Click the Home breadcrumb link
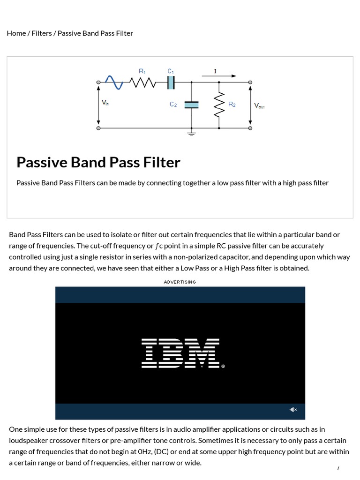16,33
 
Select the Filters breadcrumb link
42,33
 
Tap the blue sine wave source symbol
114,82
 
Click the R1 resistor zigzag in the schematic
142,82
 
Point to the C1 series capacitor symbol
171,82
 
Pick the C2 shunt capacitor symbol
192,105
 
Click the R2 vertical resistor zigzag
219,105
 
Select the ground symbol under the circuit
192,134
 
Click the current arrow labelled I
220,75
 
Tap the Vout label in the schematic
259,106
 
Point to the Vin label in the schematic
105,102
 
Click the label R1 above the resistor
142,71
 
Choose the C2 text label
173,105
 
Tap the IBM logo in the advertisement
180,353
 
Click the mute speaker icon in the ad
293,410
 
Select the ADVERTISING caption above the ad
180,282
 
